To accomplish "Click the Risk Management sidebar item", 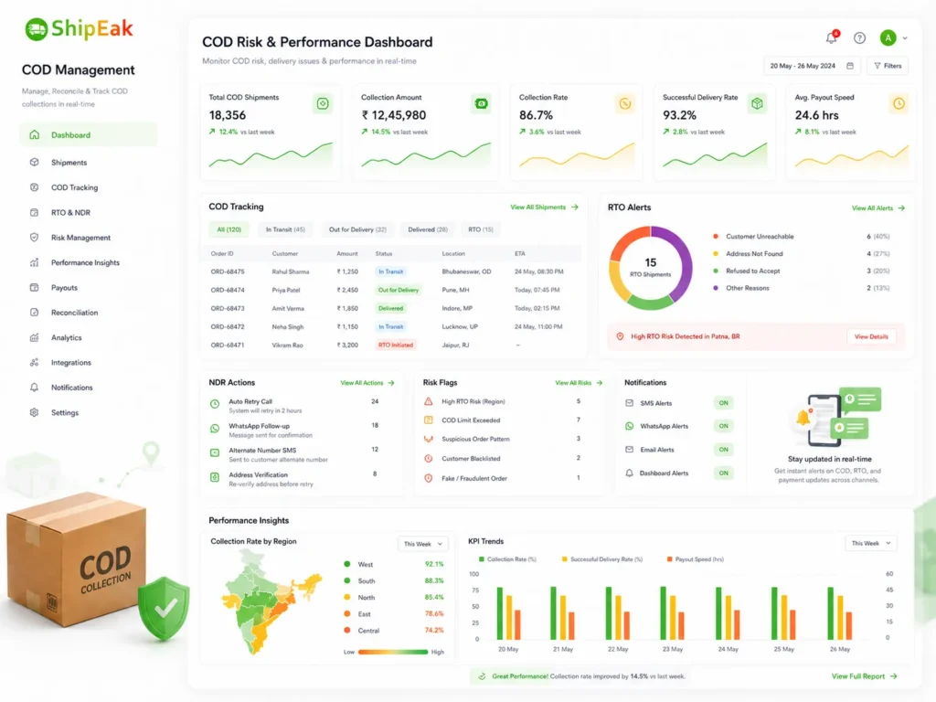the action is point(80,238).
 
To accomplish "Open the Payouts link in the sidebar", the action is point(64,288).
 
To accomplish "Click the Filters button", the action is point(888,66).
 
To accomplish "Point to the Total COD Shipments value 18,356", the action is point(228,115).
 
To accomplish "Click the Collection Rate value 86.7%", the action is point(536,115).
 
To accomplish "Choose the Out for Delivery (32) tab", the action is point(357,229).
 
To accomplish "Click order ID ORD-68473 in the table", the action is point(228,309).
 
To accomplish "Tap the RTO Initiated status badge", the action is point(395,345).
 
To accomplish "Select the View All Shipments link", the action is point(544,207).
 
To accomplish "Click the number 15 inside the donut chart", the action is point(651,262).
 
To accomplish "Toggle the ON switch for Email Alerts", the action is point(724,450).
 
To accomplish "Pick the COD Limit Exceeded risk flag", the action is point(471,420).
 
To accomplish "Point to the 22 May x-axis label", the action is point(618,649).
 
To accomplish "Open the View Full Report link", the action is point(865,676).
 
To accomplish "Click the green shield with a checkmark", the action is point(164,609).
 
